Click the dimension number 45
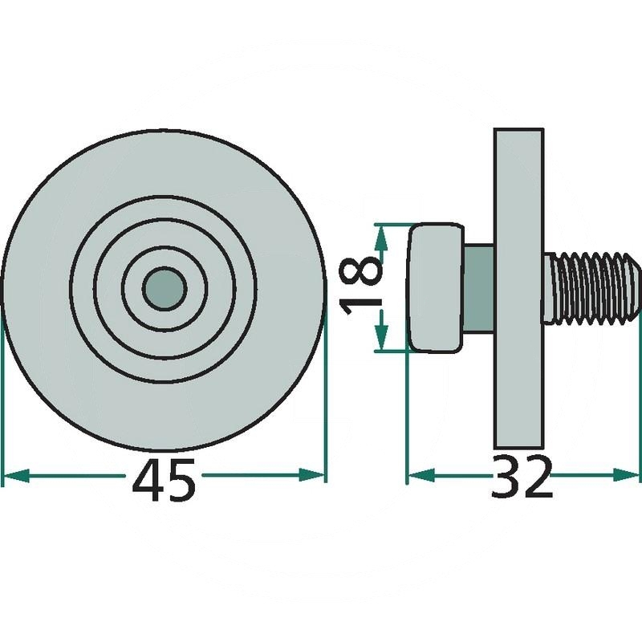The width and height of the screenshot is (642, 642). coord(164,480)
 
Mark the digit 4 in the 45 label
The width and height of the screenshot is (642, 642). coord(147,480)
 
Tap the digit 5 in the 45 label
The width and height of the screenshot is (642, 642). coord(181,480)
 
